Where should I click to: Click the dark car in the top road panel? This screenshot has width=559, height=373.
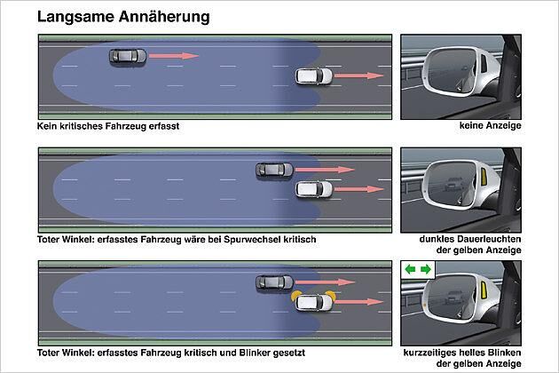click(128, 57)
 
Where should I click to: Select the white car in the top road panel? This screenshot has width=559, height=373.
click(314, 76)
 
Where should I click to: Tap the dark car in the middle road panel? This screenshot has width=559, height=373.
click(274, 170)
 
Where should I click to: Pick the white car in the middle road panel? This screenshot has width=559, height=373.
click(314, 189)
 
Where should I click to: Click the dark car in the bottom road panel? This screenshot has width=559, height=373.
click(274, 282)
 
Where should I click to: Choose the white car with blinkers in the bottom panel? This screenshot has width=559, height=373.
click(314, 302)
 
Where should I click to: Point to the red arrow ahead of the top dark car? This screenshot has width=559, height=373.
click(174, 56)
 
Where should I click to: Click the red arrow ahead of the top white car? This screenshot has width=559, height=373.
click(358, 75)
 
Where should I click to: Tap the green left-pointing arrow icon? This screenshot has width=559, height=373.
click(410, 269)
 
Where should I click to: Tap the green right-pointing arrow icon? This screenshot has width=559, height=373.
click(426, 269)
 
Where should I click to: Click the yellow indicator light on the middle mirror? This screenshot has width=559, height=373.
click(484, 177)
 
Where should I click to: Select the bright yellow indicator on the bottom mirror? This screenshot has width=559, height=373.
click(484, 290)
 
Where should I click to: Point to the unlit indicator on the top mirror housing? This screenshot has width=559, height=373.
click(484, 63)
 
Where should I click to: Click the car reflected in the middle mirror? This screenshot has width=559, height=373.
click(453, 184)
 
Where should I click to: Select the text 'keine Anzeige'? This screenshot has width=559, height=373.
click(490, 125)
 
